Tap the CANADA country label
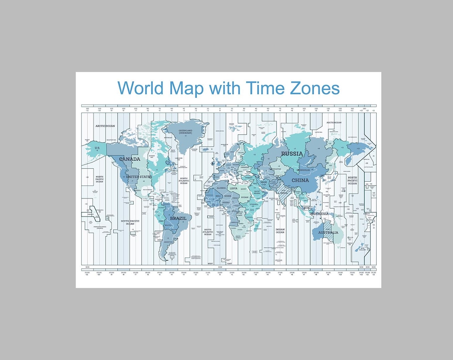click(130, 159)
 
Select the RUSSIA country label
click(292, 154)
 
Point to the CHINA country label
click(300, 180)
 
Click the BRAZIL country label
click(178, 219)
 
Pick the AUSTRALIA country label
click(328, 232)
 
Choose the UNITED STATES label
click(139, 177)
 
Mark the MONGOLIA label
click(303, 170)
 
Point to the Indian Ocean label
click(280, 231)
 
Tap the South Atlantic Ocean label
click(208, 232)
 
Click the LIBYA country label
click(234, 188)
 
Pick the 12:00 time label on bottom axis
click(219, 273)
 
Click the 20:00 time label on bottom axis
click(316, 273)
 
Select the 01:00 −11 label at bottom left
click(87, 273)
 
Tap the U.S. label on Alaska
click(97, 148)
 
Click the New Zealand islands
click(360, 248)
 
